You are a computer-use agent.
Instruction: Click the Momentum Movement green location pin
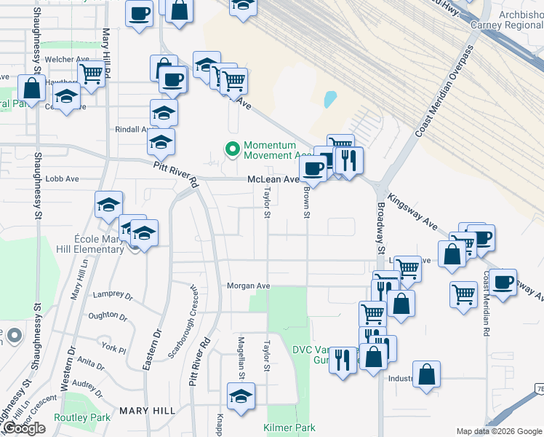coord(233,149)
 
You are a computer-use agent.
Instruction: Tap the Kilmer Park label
coord(289,428)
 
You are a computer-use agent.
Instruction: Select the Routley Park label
coord(81,417)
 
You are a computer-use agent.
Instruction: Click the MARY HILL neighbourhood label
coord(148,411)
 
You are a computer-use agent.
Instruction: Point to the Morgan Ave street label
coord(248,286)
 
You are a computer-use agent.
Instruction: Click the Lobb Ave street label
coord(62,178)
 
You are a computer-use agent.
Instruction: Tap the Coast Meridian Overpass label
coord(444,92)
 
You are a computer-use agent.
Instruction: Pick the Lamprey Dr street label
coord(113,296)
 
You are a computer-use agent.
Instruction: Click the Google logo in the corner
coord(24,428)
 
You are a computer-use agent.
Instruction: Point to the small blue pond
coord(330,98)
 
